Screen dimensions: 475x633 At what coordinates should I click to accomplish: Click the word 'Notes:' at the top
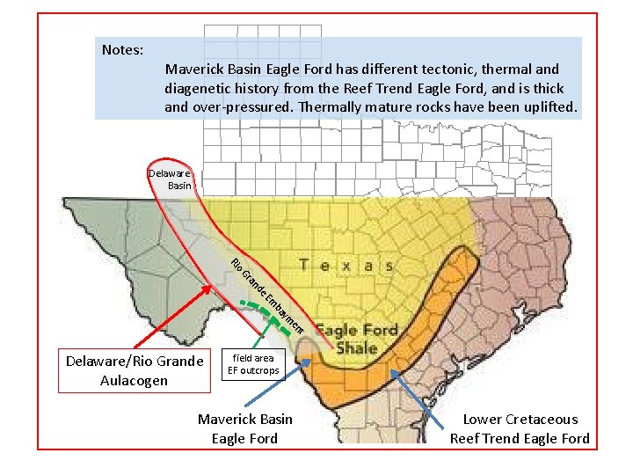[x=122, y=49]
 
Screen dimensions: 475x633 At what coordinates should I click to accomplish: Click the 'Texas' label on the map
[x=346, y=265]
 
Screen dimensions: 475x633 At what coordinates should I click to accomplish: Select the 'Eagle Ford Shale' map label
[x=356, y=339]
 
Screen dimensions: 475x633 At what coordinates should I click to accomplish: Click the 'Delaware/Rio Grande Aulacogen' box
[x=135, y=370]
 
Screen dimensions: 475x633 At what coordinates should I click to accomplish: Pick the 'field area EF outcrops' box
[x=253, y=364]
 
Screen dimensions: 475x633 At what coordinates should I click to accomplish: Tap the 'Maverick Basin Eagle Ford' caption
[x=244, y=428]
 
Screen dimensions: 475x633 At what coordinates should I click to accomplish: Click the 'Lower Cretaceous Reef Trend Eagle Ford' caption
[x=520, y=428]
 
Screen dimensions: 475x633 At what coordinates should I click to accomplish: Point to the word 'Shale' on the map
[x=354, y=347]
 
